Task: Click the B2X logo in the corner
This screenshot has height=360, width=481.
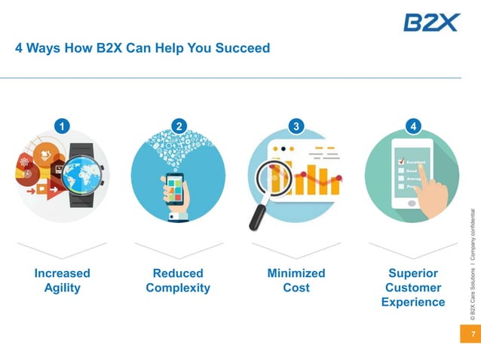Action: point(430,23)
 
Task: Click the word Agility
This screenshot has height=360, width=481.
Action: point(62,288)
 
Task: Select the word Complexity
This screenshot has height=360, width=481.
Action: point(178,288)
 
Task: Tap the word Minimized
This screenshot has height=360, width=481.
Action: point(296,273)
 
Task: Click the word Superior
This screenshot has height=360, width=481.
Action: point(413,273)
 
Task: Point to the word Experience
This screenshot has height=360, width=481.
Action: point(413,302)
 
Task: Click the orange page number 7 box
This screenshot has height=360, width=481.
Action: point(470,334)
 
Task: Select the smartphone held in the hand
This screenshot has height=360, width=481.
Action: point(173,188)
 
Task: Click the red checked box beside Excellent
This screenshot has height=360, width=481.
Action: point(401,160)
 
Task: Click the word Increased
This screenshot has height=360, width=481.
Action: point(62,273)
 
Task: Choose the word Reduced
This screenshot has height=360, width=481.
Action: point(178,273)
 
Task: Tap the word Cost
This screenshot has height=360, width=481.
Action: point(296,288)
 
